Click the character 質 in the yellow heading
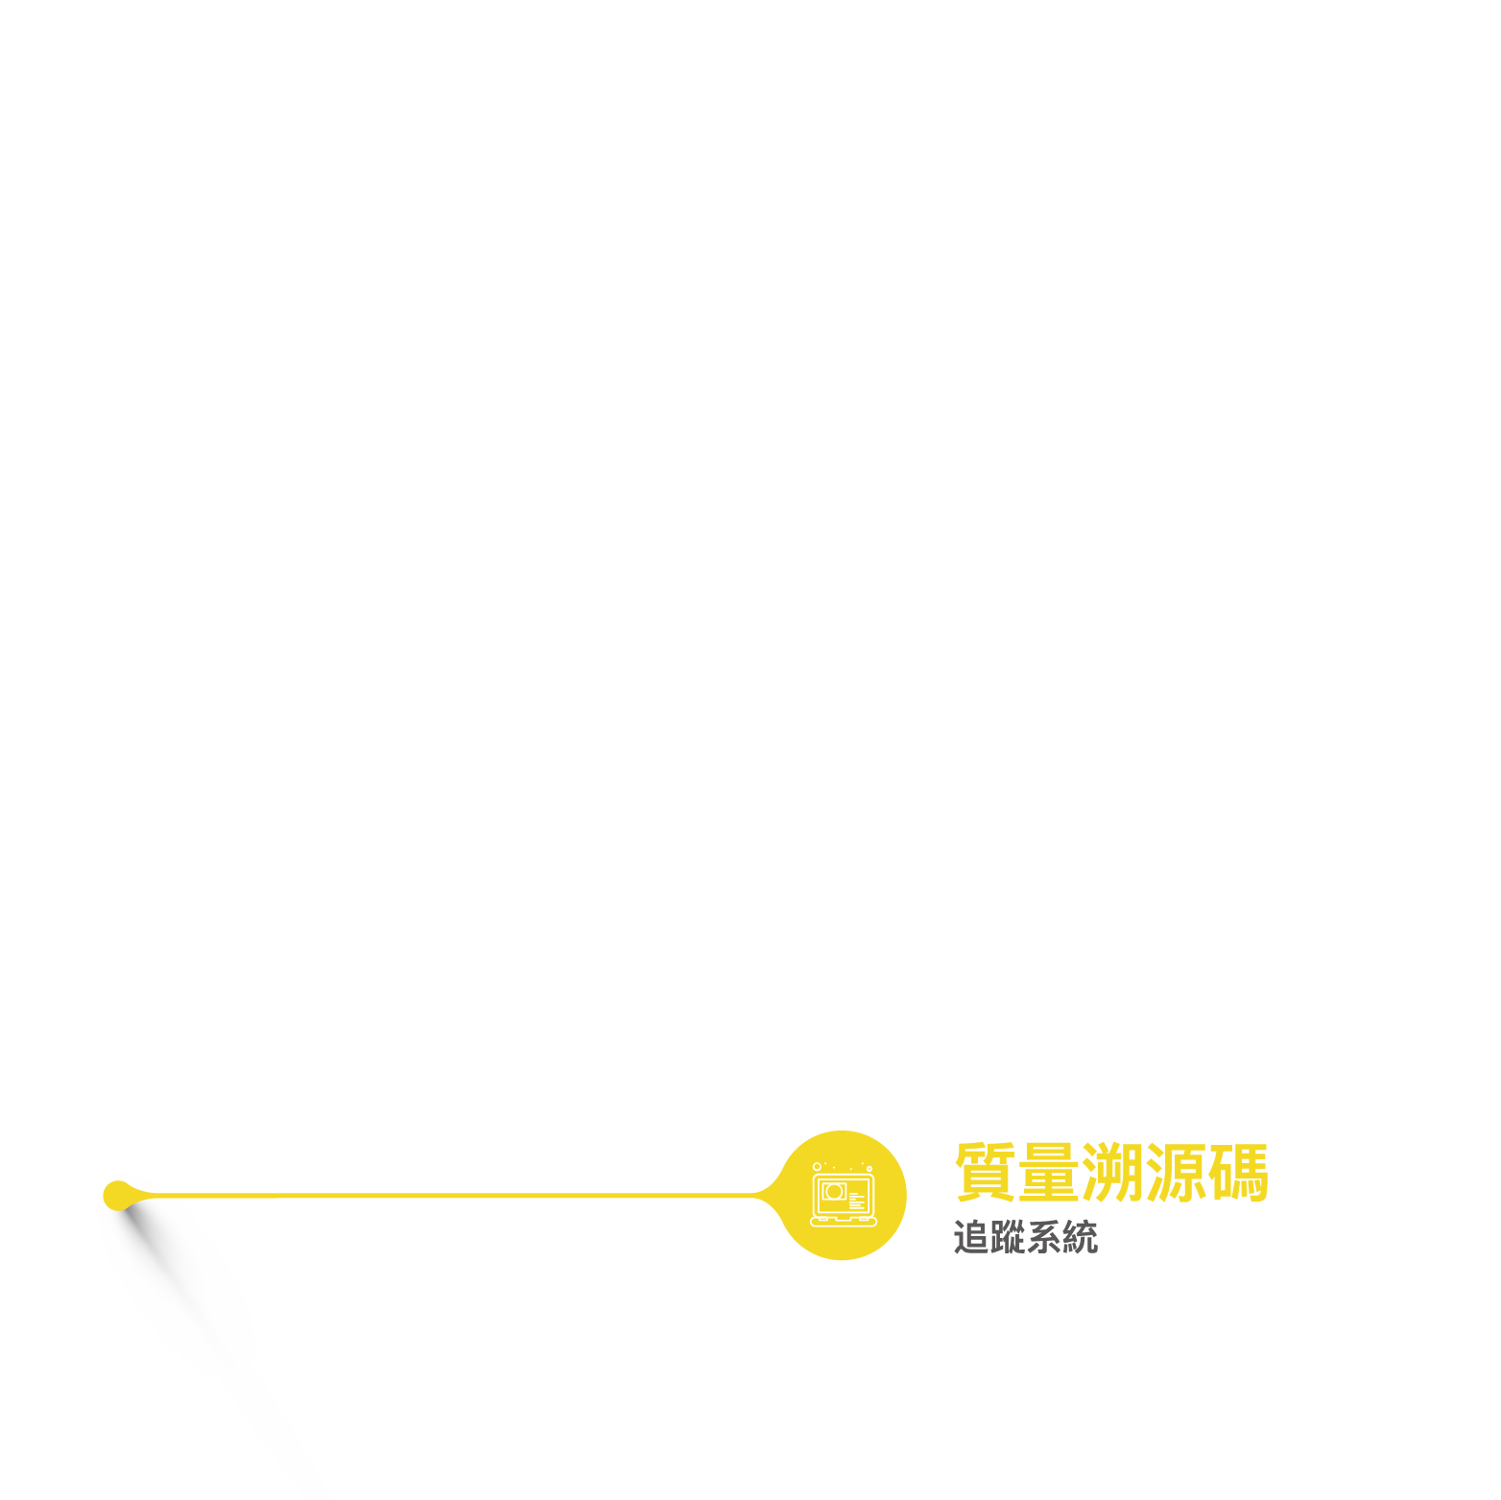point(986,1172)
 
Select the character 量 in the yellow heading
point(1048,1172)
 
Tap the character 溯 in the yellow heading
point(1111,1172)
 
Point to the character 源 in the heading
point(1175,1172)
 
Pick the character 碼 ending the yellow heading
point(1238,1172)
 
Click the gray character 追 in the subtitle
point(971,1237)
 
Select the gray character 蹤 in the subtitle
point(1008,1237)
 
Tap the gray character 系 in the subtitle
point(1043,1237)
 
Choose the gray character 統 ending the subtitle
point(1080,1237)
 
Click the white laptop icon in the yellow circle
point(844,1196)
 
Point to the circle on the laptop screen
point(833,1192)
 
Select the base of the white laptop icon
point(844,1221)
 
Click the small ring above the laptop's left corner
point(817,1167)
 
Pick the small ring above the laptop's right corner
point(870,1168)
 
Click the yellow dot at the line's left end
point(117,1195)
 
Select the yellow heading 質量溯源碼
point(1111,1172)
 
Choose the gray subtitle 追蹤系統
point(1025,1237)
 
